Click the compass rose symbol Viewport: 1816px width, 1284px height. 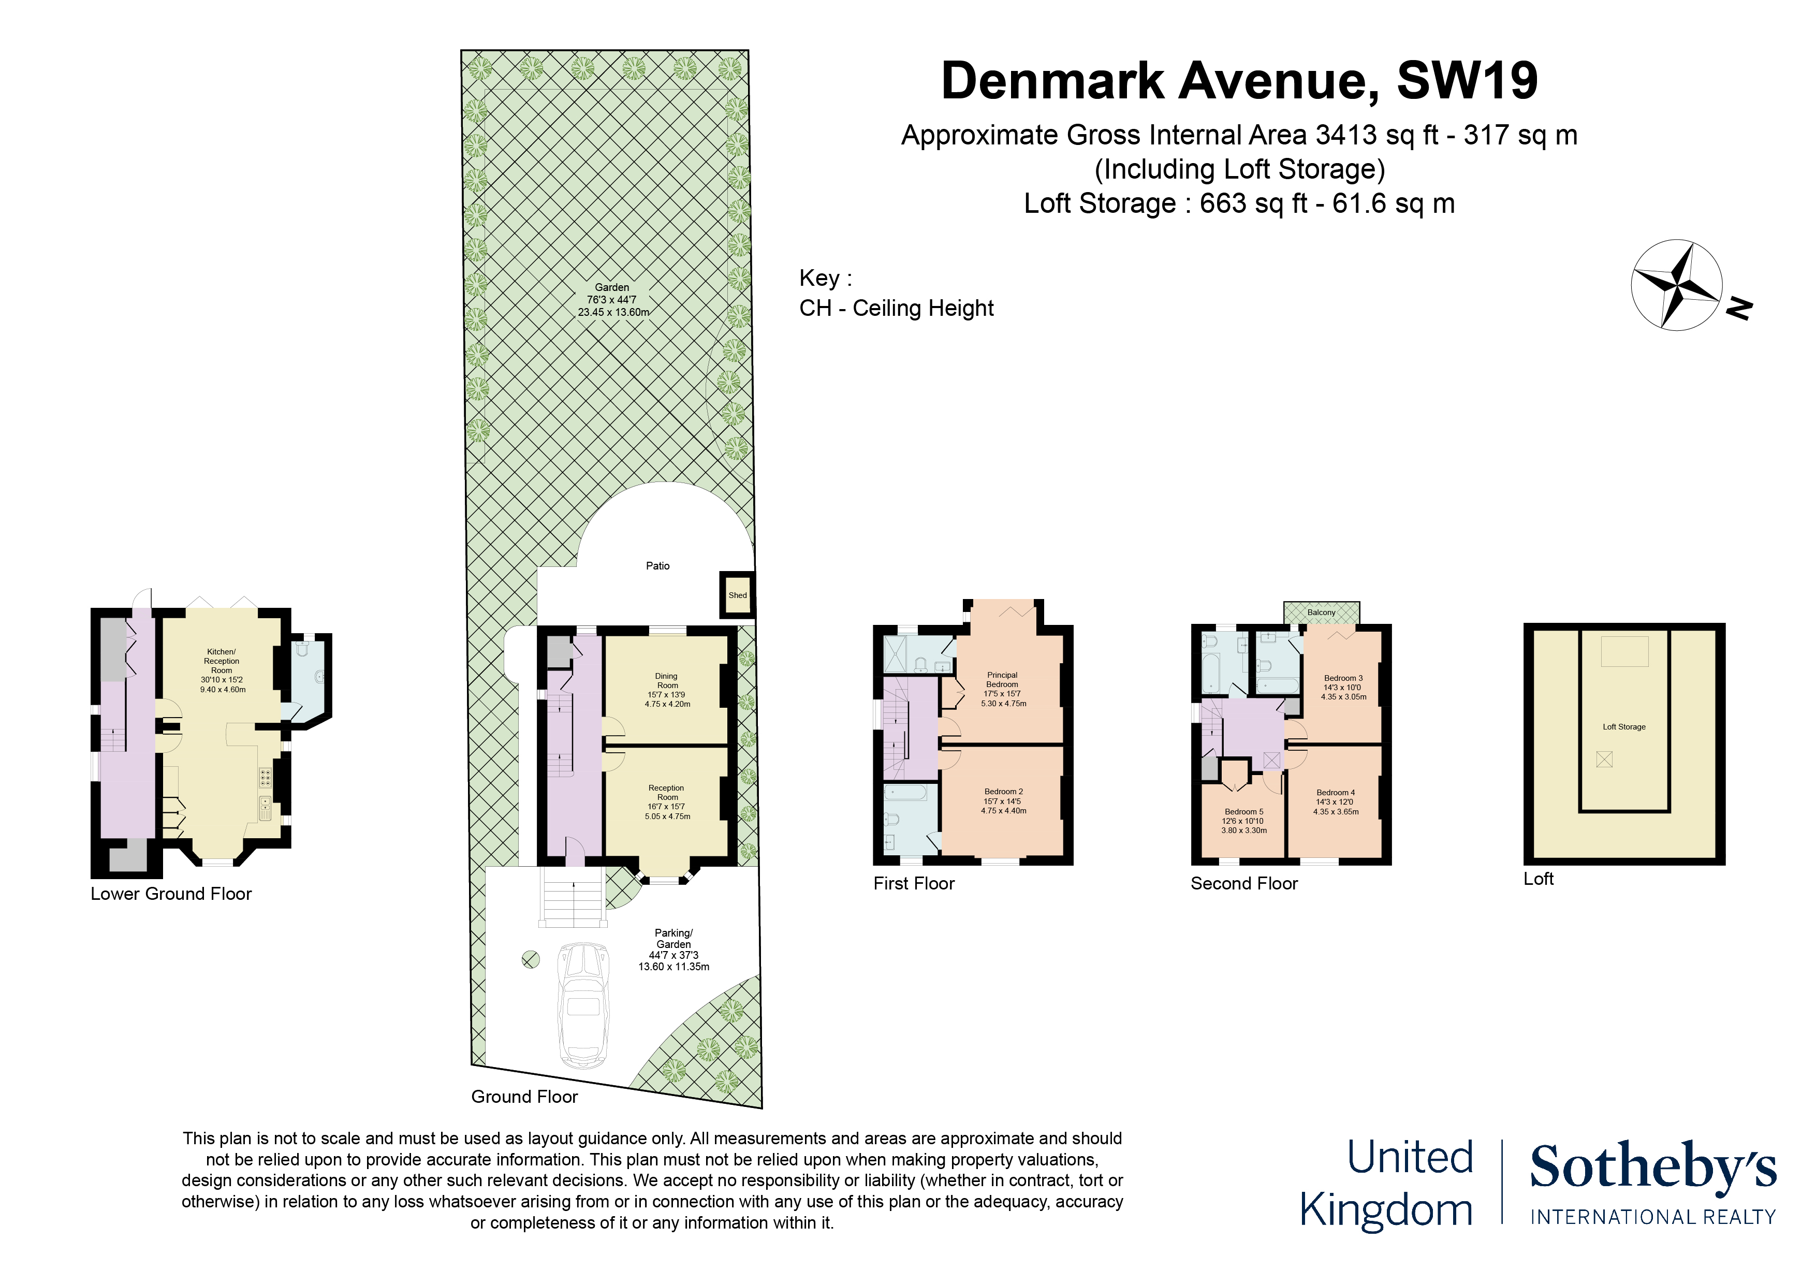pyautogui.click(x=1676, y=285)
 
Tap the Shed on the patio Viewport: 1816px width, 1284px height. pyautogui.click(x=737, y=595)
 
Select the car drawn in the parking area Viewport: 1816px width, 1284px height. pyautogui.click(x=584, y=1005)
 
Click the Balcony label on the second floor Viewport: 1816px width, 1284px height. pyautogui.click(x=1321, y=612)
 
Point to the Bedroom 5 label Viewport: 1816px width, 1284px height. pyautogui.click(x=1244, y=812)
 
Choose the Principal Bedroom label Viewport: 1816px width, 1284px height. pyautogui.click(x=1002, y=680)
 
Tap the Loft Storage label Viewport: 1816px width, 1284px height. pyautogui.click(x=1624, y=726)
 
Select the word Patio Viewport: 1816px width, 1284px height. pyautogui.click(x=657, y=566)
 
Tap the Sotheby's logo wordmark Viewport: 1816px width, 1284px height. pyautogui.click(x=1652, y=1168)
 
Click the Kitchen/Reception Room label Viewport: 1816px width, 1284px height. pyautogui.click(x=222, y=661)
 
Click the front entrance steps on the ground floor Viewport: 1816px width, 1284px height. pyautogui.click(x=572, y=896)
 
